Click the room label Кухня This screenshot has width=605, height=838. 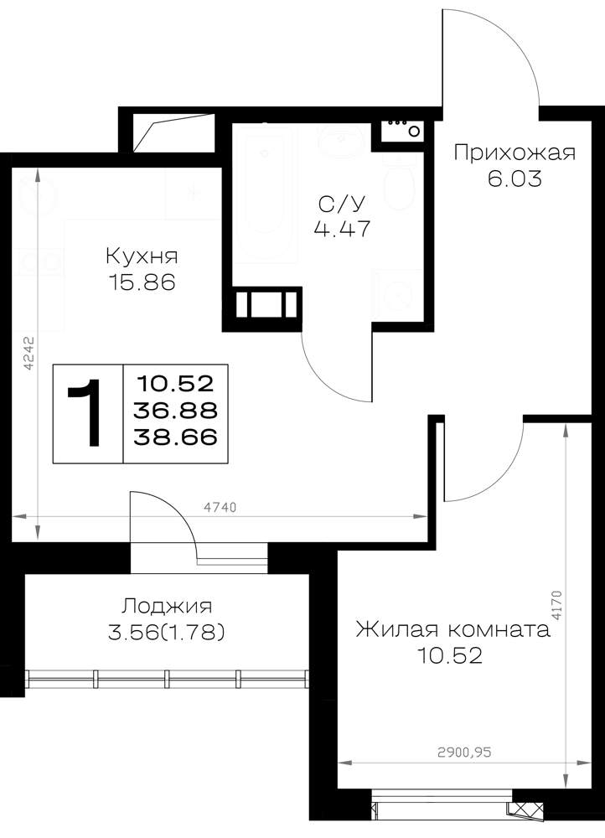[142, 256]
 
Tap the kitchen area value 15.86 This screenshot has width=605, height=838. [142, 282]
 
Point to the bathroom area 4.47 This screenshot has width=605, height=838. [342, 230]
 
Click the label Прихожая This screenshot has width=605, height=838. [515, 153]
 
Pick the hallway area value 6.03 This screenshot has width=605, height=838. [515, 178]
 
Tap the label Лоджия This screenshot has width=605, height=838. [167, 607]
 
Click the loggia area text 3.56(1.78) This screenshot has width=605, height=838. [166, 633]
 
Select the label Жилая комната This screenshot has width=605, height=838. [452, 629]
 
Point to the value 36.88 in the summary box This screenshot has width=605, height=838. [176, 411]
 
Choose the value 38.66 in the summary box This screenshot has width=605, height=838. [176, 437]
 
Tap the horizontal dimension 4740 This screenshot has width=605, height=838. [220, 507]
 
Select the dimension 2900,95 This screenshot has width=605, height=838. [464, 753]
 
